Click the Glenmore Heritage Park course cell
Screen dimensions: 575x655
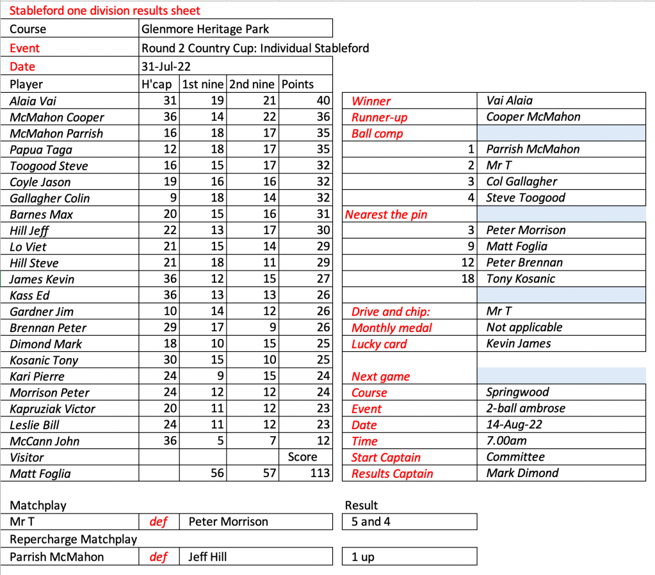[205, 29]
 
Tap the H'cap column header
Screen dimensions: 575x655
[157, 84]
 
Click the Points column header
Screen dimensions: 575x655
[298, 84]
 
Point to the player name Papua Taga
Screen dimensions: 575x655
[41, 150]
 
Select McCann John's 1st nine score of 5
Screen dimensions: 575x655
[222, 441]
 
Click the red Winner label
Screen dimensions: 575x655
[371, 101]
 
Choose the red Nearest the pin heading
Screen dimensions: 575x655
[386, 214]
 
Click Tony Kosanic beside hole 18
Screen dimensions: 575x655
[521, 279]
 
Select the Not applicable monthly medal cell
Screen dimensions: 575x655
[524, 327]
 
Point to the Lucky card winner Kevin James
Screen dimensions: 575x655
[519, 343]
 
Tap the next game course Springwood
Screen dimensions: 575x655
[517, 393]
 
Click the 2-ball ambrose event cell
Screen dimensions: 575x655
[526, 409]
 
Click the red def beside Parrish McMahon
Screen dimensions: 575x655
[158, 557]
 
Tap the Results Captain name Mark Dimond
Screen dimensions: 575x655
[522, 473]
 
